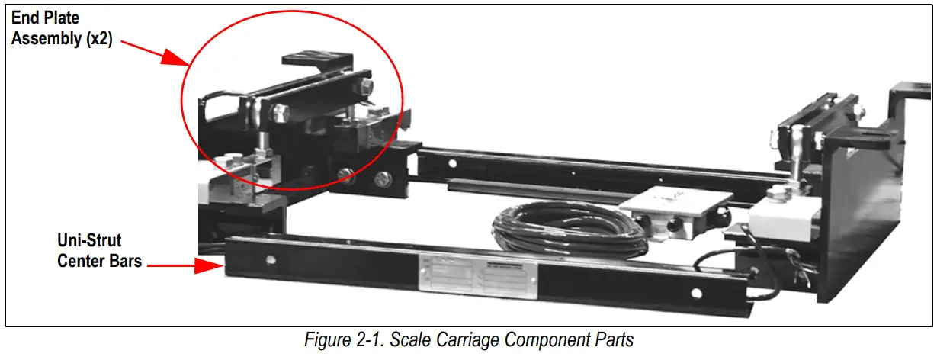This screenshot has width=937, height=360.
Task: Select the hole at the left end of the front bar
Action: [x=270, y=259]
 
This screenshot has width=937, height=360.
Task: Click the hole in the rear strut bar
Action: [x=452, y=163]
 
